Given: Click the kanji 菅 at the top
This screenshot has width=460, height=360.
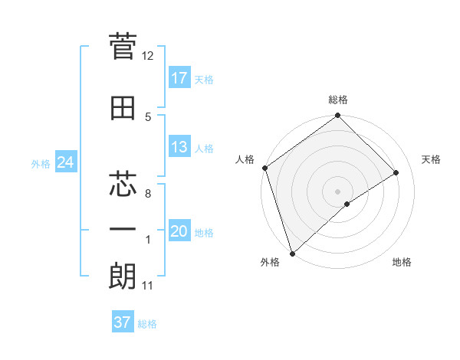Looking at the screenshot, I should pyautogui.click(x=123, y=47).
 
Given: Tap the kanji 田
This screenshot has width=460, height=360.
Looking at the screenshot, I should pyautogui.click(x=123, y=108).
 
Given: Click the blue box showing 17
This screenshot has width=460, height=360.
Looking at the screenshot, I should pyautogui.click(x=179, y=78).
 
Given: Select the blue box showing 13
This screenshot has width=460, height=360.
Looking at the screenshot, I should pyautogui.click(x=179, y=147).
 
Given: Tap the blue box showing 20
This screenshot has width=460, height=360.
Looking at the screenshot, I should pyautogui.click(x=179, y=232).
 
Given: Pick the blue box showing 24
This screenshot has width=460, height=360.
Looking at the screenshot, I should pyautogui.click(x=65, y=162).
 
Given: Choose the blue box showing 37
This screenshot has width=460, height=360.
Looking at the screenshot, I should pyautogui.click(x=123, y=322).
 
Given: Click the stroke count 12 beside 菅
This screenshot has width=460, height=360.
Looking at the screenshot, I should pyautogui.click(x=147, y=56).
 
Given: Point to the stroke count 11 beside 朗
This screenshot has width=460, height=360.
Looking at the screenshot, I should pyautogui.click(x=147, y=286).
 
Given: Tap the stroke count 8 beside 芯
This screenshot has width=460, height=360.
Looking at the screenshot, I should pyautogui.click(x=147, y=194).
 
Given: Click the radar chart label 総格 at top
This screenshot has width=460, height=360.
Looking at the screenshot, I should pyautogui.click(x=337, y=100).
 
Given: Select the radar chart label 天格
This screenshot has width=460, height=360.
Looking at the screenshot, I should pyautogui.click(x=432, y=159).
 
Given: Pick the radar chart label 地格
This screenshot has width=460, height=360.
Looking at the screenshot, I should pyautogui.click(x=402, y=263).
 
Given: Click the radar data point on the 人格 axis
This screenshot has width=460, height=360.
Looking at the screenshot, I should pyautogui.click(x=264, y=168).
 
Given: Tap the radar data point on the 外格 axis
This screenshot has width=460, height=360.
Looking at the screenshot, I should pyautogui.click(x=291, y=253).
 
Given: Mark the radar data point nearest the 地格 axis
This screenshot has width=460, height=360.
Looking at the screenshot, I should pyautogui.click(x=347, y=204).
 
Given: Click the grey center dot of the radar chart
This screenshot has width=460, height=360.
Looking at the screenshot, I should pyautogui.click(x=337, y=191).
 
